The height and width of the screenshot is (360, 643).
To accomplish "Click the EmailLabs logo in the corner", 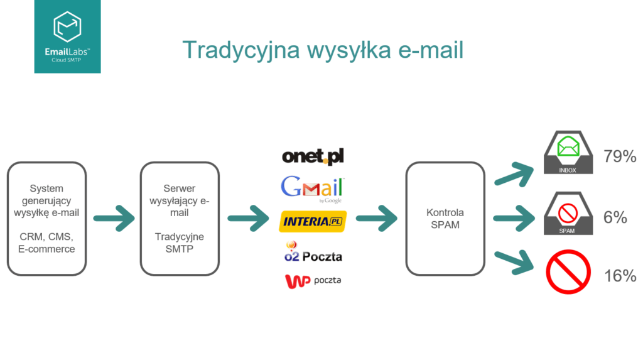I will point(67,36).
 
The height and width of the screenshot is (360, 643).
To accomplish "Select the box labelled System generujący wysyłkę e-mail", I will point(46,218).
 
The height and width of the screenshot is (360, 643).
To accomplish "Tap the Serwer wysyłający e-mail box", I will point(179,218).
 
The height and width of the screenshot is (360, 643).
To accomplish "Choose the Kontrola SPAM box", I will point(445,218).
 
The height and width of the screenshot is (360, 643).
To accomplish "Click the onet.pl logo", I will point(313,156).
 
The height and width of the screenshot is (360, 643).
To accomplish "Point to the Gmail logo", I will point(313,187).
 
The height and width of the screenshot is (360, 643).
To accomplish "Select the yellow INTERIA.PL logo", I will point(313,222).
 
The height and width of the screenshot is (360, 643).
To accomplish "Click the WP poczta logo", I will point(313,281).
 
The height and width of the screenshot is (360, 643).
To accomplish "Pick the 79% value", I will point(620,157).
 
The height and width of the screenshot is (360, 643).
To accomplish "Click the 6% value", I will point(616,217).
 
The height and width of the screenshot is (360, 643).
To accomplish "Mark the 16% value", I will point(620,276).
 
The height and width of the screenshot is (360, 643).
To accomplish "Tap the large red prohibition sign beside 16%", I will point(568,272).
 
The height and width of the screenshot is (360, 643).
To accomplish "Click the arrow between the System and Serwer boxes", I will point(114,219).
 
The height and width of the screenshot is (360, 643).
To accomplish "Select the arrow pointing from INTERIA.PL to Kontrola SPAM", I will point(376,219).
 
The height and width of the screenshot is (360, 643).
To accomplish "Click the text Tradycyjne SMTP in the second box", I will point(179,243).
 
